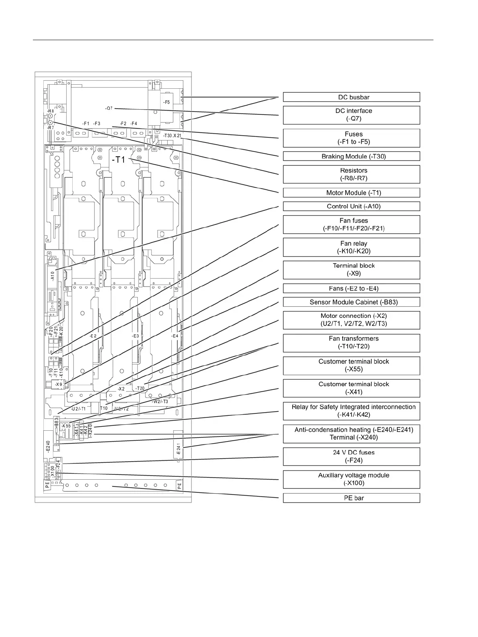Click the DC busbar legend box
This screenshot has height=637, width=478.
[351, 97]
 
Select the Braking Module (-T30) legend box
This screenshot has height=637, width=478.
[351, 156]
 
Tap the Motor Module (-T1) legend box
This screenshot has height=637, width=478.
[351, 193]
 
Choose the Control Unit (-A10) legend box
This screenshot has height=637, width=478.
[351, 206]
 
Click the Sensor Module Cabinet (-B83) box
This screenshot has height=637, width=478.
[351, 302]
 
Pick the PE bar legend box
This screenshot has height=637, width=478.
[351, 498]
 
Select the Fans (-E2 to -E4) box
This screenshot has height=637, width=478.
[351, 288]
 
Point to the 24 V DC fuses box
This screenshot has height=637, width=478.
[351, 456]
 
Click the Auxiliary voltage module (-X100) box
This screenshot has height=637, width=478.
[351, 479]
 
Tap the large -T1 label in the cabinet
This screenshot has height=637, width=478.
[119, 160]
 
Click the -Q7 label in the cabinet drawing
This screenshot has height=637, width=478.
[109, 108]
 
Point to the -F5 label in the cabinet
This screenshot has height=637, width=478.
[167, 102]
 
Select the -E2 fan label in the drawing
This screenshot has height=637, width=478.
[92, 336]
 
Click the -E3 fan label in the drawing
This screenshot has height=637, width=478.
[135, 336]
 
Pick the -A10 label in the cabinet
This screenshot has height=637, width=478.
[52, 276]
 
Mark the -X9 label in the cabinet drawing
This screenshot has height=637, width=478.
[59, 384]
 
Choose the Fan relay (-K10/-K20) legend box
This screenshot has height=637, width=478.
[351, 247]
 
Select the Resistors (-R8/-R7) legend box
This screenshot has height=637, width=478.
[351, 174]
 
